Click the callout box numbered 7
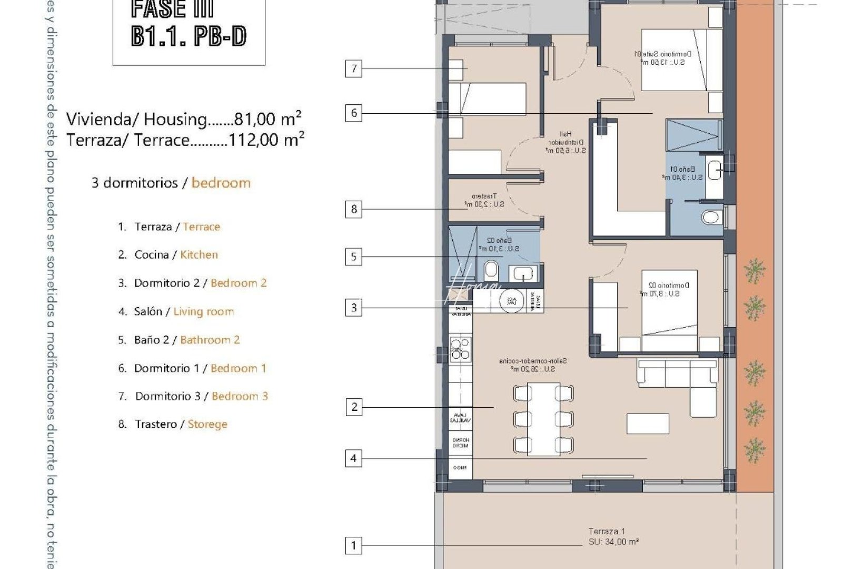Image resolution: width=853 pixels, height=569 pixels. coord(354,68)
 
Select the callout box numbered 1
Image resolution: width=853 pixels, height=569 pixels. coord(354,545)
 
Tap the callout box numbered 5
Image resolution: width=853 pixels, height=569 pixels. coord(354,257)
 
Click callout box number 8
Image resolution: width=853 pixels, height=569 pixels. coord(354,210)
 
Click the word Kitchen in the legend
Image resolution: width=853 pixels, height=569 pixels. coord(199,255)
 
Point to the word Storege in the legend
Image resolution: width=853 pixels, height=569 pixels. coord(207,425)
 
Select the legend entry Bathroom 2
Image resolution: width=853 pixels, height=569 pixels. coord(210,340)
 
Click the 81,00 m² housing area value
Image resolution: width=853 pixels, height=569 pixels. coord(267,119)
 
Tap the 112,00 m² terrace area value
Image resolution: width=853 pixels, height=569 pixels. coord(265,140)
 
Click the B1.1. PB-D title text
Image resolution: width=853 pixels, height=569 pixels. coord(189,37)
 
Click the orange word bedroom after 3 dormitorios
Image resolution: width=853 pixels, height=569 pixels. coord(221,183)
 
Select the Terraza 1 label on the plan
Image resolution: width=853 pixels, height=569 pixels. coord(607,532)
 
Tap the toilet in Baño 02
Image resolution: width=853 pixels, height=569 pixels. coord(491,271)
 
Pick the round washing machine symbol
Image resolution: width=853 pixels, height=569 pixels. coord(511,301)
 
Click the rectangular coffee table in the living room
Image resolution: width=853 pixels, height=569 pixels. coord(648,424)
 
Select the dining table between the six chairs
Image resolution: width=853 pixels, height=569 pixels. coord(543,419)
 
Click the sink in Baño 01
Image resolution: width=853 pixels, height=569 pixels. coord(715,170)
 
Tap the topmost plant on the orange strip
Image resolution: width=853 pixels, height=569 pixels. coord(755,271)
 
